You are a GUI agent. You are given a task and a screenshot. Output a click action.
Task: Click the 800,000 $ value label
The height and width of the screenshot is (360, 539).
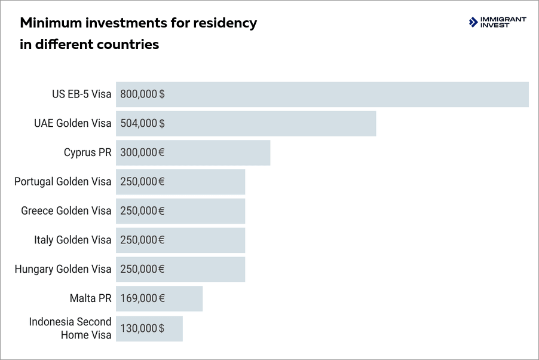142,94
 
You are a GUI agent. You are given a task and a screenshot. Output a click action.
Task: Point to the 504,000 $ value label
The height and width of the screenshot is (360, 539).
142,123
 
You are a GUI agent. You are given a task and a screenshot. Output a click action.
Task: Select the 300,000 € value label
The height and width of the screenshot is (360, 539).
142,152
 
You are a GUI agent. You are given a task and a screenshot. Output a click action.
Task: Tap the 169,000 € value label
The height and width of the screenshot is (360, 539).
142,298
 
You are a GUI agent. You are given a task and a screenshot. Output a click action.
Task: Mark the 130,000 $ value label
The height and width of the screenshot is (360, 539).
142,328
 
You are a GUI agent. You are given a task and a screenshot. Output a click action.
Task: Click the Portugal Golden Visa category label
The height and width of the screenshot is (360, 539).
63,182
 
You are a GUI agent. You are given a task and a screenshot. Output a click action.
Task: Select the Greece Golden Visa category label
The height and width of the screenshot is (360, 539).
66,210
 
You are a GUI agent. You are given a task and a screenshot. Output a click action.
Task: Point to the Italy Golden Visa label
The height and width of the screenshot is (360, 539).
72,240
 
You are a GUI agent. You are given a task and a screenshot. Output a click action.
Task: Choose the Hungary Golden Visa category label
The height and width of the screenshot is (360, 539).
63,269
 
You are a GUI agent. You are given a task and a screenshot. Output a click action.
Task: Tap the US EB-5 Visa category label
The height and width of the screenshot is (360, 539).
81,94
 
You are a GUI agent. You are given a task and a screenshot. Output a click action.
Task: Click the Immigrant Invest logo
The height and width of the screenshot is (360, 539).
498,23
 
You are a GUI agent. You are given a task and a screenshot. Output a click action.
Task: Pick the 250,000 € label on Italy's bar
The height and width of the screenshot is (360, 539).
142,240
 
